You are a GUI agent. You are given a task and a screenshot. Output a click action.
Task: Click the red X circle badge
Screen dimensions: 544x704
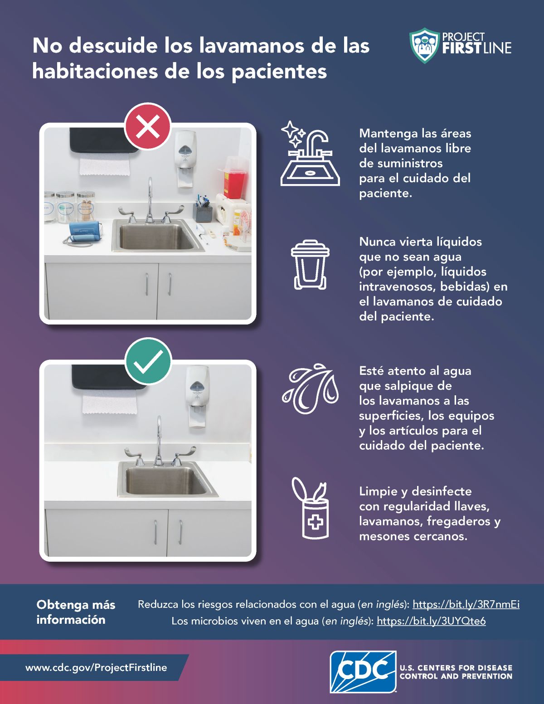click(148, 126)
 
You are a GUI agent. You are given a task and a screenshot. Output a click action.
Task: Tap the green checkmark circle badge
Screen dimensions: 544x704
click(148, 362)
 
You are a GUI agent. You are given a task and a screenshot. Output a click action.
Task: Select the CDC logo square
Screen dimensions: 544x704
click(363, 672)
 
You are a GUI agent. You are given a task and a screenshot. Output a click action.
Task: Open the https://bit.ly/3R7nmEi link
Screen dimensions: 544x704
click(466, 604)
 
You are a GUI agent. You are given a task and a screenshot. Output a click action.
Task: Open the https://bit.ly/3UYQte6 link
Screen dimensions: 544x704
click(431, 621)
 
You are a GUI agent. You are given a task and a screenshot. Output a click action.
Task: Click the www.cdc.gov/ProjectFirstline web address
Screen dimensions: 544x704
click(96, 667)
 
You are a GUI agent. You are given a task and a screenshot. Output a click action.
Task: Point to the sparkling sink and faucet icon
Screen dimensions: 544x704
click(310, 153)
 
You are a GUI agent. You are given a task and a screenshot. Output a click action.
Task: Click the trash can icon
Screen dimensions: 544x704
click(310, 264)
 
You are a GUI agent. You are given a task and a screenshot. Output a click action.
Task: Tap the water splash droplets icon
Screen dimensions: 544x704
click(310, 388)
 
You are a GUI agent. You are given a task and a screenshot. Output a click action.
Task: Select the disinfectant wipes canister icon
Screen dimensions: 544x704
click(311, 508)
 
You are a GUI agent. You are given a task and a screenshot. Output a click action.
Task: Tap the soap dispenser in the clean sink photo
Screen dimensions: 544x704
click(197, 396)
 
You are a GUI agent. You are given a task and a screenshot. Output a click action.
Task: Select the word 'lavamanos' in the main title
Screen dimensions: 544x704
click(252, 45)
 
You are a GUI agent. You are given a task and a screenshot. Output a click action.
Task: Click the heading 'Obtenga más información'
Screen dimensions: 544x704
click(76, 612)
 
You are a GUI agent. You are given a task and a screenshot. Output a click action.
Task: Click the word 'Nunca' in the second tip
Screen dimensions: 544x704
click(377, 242)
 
